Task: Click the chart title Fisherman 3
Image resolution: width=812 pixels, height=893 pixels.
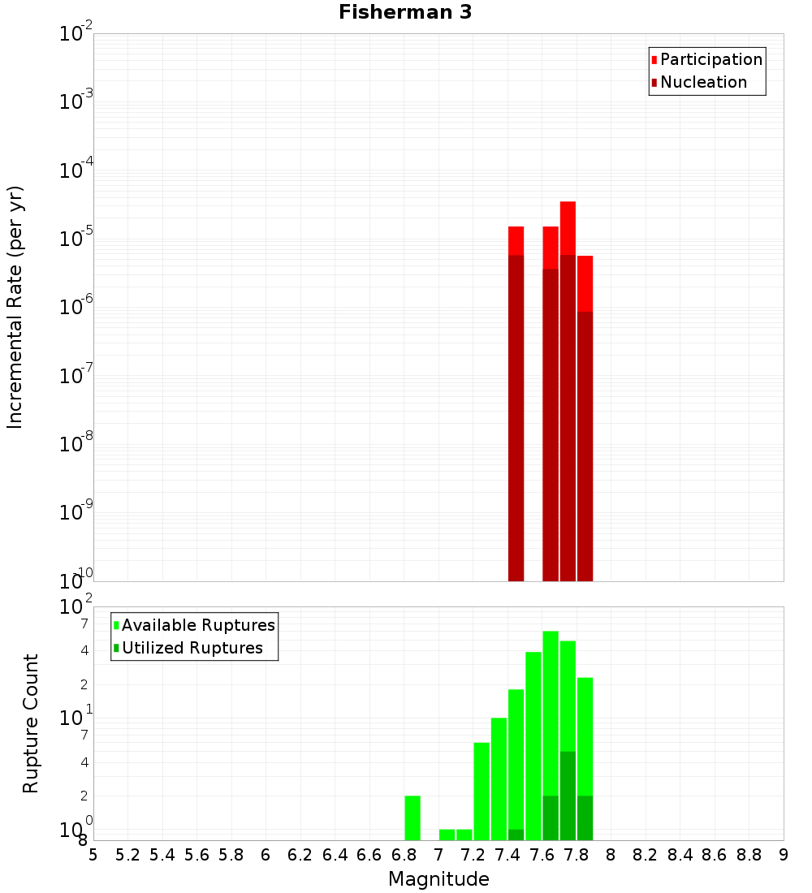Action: pyautogui.click(x=404, y=12)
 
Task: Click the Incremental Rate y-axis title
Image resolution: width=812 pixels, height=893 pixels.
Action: pyautogui.click(x=15, y=307)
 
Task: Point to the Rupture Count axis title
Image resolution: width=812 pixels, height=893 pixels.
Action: pyautogui.click(x=31, y=723)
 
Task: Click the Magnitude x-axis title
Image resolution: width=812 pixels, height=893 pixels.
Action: pyautogui.click(x=438, y=879)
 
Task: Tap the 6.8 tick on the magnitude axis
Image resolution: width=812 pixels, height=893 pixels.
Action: pyautogui.click(x=404, y=855)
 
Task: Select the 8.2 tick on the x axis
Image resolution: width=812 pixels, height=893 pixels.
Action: pyautogui.click(x=646, y=855)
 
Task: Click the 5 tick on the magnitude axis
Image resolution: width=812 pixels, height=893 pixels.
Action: pyautogui.click(x=93, y=855)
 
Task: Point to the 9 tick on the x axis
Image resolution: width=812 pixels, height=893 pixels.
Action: pyautogui.click(x=784, y=855)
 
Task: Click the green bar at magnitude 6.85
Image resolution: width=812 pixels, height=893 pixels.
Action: pyautogui.click(x=412, y=818)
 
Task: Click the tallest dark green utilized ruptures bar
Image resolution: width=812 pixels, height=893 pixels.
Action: pyautogui.click(x=568, y=796)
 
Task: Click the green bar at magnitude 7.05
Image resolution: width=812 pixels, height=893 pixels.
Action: pyautogui.click(x=447, y=835)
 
